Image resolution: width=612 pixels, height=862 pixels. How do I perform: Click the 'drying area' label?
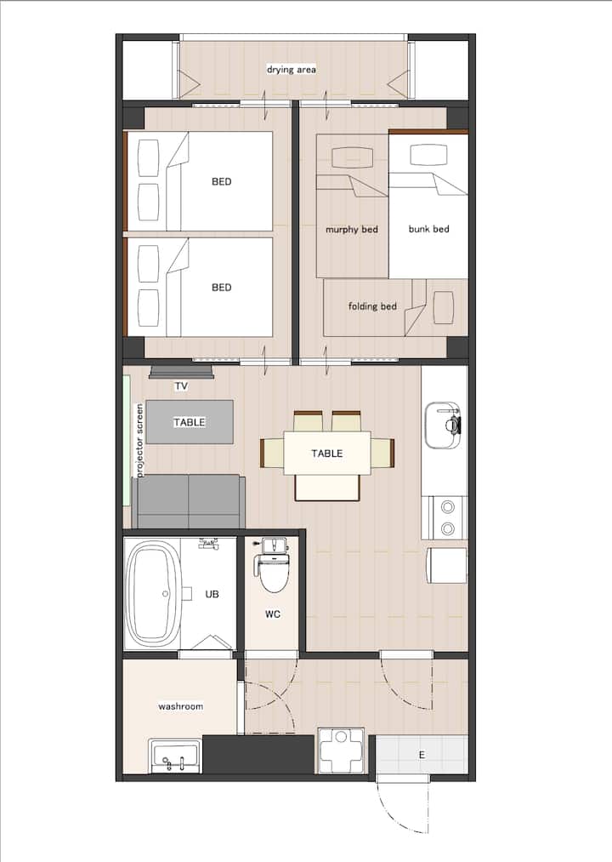click(292, 70)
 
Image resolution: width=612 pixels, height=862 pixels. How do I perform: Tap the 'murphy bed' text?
click(352, 229)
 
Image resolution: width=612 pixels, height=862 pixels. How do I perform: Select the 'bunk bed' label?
click(428, 229)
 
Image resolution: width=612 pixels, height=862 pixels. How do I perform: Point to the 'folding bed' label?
click(372, 306)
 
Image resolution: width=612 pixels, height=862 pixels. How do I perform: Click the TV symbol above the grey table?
click(181, 373)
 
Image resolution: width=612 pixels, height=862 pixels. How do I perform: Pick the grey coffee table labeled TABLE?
click(190, 422)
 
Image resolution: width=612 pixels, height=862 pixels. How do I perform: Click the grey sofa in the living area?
click(189, 501)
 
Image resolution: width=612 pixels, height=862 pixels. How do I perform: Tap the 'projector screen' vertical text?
click(139, 440)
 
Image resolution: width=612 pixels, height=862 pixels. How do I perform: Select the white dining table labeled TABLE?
click(327, 453)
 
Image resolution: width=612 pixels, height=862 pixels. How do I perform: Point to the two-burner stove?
click(447, 517)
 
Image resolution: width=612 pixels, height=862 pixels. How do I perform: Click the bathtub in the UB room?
click(153, 594)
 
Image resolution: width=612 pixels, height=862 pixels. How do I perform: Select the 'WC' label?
click(273, 614)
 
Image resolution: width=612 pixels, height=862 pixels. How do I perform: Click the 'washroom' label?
click(181, 706)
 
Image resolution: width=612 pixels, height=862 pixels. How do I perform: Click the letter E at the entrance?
click(422, 755)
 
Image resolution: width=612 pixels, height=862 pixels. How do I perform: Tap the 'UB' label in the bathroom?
click(212, 594)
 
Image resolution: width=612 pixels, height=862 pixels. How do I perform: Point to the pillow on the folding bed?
click(444, 307)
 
